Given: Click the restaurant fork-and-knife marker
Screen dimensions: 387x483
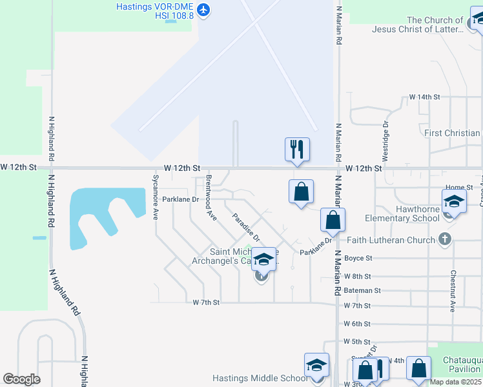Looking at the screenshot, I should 297,150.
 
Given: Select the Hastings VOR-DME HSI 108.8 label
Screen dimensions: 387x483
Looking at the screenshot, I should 155,11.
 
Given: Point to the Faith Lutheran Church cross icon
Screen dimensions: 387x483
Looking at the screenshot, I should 444,240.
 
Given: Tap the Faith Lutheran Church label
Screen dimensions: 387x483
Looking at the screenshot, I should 391,240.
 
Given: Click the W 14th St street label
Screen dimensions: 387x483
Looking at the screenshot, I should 424,97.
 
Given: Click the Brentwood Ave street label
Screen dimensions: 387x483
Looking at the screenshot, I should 211,197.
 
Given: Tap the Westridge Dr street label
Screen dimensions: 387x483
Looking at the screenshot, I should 385,141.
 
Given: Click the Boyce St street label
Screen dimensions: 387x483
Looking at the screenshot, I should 358,258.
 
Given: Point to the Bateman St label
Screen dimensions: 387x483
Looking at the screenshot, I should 362,291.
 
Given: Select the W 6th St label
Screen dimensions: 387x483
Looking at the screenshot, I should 357,324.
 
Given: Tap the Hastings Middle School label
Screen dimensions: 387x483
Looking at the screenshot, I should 259,378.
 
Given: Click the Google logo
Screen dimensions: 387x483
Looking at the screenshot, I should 22,379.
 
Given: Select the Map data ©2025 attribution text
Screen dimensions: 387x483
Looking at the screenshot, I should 456,382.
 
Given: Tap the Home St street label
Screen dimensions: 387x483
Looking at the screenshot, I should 459,187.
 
